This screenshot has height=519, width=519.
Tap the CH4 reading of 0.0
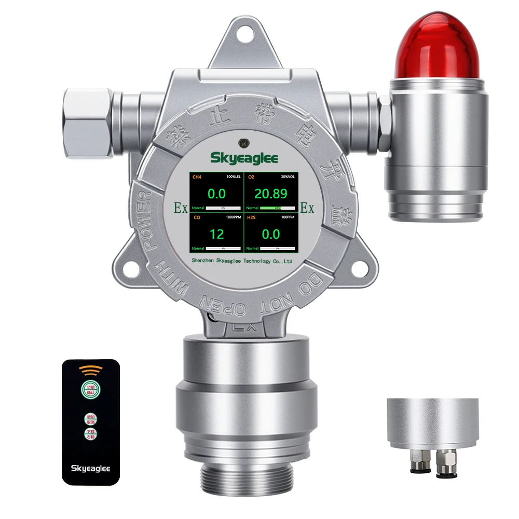pos(216,194)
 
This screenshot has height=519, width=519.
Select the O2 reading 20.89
pos(270,194)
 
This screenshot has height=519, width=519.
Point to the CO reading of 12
pos(216,234)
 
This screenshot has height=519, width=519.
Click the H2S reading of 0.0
pos(270,234)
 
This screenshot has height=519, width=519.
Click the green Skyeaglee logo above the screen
pos(244,158)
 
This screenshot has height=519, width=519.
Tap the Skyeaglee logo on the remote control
pos(90,468)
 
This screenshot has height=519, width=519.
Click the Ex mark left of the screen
pos(181,208)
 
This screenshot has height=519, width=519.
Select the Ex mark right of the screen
pos(307,208)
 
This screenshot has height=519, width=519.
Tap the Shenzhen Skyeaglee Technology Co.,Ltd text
pos(242,261)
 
